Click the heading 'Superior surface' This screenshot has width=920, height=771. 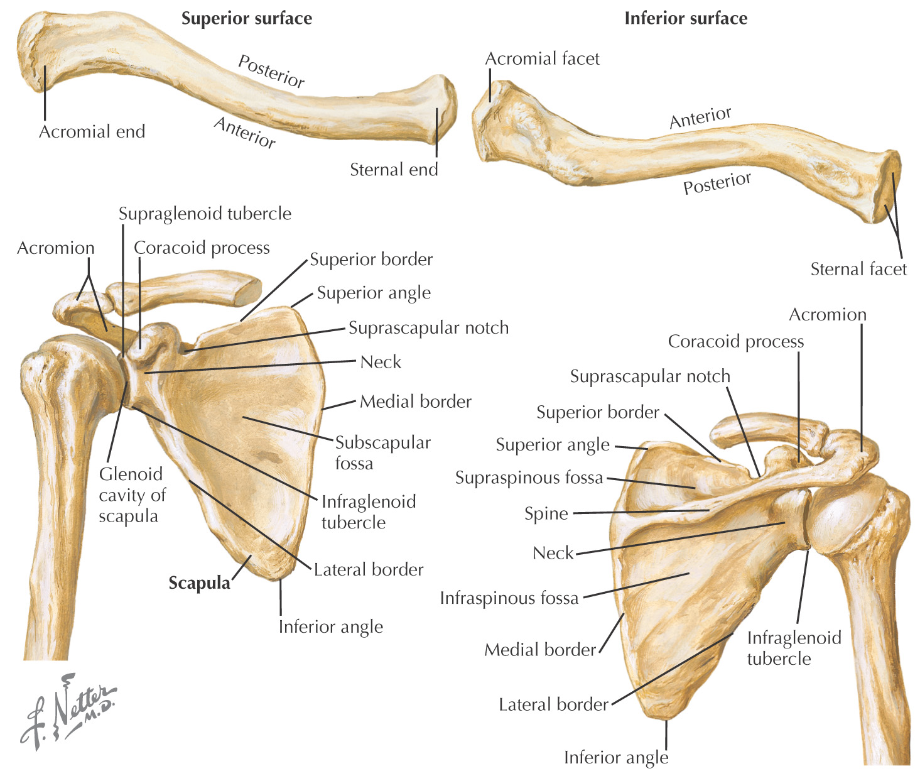click(247, 19)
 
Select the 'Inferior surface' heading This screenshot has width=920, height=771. click(686, 19)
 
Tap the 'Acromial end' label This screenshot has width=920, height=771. click(92, 132)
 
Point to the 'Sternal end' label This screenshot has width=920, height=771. click(394, 170)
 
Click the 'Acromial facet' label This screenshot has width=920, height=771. click(542, 59)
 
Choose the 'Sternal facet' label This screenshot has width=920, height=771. click(858, 270)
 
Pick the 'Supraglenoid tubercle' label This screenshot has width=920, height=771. click(205, 214)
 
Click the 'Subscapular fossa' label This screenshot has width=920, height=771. click(382, 453)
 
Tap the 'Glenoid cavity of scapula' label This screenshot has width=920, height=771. click(132, 495)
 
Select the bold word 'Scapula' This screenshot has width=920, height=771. click(200, 584)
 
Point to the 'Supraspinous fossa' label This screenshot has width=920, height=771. click(529, 478)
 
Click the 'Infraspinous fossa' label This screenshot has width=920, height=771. click(509, 598)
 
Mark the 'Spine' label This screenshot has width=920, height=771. click(546, 514)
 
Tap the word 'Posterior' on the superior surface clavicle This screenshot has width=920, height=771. click(272, 70)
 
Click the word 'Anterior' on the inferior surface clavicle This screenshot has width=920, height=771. click(700, 118)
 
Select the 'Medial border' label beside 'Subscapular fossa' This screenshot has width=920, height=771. click(415, 402)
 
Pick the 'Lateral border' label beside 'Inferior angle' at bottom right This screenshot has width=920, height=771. click(553, 705)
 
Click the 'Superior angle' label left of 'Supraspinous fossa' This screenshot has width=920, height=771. click(553, 446)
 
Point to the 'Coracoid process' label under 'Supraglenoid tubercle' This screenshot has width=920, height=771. click(202, 248)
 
